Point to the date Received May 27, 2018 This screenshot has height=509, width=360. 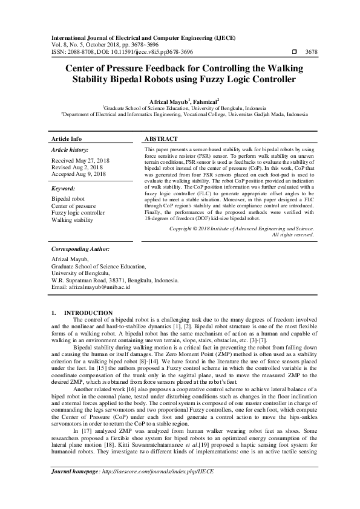(x=80, y=161)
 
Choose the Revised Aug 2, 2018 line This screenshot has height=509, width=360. (x=77, y=167)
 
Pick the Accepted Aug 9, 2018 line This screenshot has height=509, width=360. (x=79, y=173)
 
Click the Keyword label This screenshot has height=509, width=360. (x=65, y=188)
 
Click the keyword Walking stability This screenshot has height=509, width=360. (x=73, y=220)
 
